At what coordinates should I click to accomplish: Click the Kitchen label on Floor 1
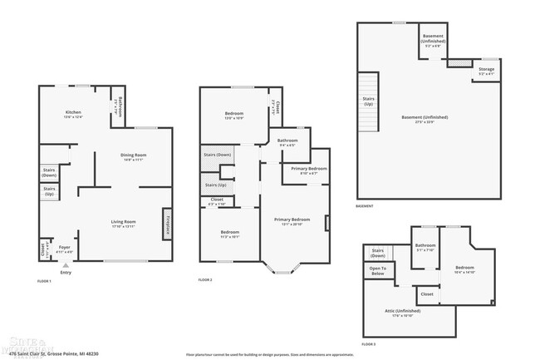(72, 113)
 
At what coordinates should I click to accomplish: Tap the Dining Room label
(133, 157)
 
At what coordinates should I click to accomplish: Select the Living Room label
(124, 222)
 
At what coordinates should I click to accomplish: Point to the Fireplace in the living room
(167, 223)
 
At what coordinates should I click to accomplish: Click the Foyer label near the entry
(65, 248)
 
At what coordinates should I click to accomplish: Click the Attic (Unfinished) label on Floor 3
(398, 313)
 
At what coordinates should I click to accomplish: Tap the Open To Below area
(378, 270)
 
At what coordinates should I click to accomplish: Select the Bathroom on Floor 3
(425, 247)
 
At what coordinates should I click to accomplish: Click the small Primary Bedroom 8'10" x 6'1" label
(308, 170)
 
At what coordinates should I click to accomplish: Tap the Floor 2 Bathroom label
(287, 141)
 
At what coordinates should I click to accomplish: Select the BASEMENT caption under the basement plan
(364, 206)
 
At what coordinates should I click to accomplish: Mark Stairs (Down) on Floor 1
(49, 172)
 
